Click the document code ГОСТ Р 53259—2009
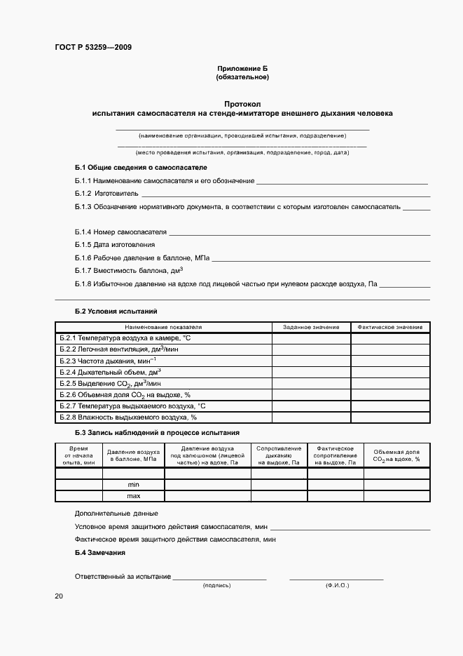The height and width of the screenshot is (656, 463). pos(93,48)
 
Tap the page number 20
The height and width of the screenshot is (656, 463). pos(58,596)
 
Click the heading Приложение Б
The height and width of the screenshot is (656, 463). pos(242,68)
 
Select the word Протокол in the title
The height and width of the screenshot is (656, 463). pos(242,103)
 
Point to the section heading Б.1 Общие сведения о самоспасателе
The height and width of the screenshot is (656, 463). pos(141,168)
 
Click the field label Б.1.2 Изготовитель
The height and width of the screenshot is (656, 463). pos(106,193)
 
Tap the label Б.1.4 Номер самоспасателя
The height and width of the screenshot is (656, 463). pos(120,232)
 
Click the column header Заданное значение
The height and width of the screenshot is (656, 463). pos(310,327)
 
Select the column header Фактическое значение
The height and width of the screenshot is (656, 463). pos(390,327)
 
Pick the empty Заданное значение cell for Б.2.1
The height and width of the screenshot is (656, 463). pos(311,338)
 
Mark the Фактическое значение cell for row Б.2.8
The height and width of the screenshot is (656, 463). pos(390,417)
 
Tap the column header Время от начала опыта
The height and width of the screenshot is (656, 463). pos(78,455)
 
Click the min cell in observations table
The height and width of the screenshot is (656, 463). pos(133,485)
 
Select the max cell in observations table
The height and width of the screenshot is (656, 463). pos(133,496)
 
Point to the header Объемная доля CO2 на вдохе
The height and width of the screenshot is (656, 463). pos(396,455)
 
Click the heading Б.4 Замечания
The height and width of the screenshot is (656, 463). pos(99,553)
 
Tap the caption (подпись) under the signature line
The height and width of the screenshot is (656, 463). pos(217,585)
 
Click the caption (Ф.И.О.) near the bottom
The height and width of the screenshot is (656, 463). pos(337,585)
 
